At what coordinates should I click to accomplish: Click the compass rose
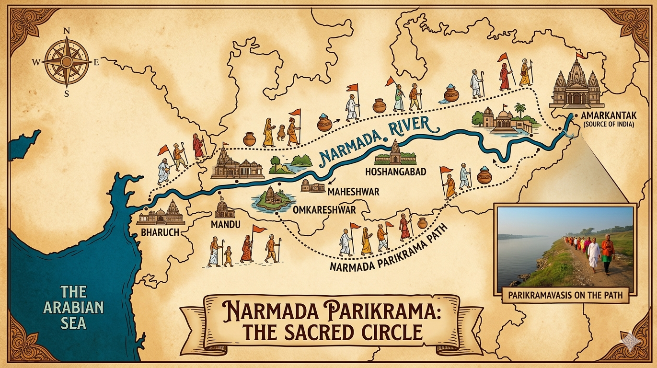coord(67,62)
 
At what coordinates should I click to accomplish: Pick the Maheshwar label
coord(353,192)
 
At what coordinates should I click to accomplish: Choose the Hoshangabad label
coord(395,171)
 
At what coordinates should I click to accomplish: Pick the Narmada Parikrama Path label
coord(388,250)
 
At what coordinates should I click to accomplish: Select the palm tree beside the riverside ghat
coord(519,111)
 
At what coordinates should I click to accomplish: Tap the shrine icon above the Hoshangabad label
coord(395,153)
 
